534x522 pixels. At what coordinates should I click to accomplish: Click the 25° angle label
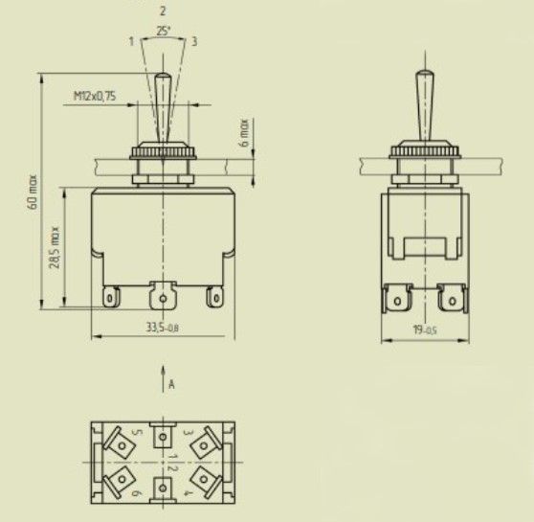(x=164, y=31)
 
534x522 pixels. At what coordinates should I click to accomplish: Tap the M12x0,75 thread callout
(x=95, y=96)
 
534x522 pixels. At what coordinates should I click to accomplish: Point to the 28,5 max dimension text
(x=55, y=247)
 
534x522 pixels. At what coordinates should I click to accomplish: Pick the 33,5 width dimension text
(x=164, y=328)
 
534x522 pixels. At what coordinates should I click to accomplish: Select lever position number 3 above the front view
(x=194, y=41)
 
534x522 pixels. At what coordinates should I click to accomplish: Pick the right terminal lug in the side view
(x=449, y=301)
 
